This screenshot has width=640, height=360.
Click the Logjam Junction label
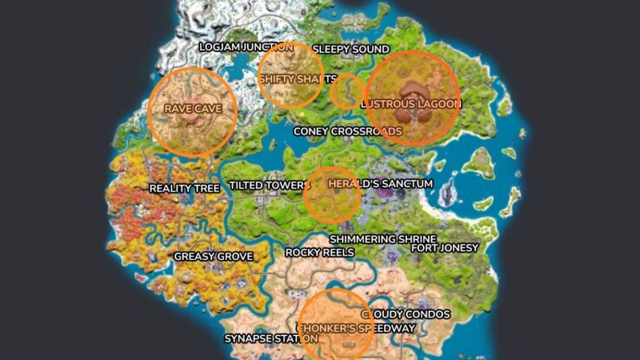pos(246,47)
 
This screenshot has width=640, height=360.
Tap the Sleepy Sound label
pos(351,49)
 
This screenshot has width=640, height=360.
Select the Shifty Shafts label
pos(298,79)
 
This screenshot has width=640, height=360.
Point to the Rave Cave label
pos(193,109)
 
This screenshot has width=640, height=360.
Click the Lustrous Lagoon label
pos(411,103)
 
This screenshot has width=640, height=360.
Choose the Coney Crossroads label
pos(348,131)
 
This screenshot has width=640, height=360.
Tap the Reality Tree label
pos(184,188)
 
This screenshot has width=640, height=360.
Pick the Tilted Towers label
pos(269,186)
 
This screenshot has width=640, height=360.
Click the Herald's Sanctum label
pos(380,184)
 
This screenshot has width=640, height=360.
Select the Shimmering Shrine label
pos(383,239)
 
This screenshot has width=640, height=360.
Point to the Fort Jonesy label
pos(444,248)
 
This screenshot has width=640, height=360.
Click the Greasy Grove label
pos(213,257)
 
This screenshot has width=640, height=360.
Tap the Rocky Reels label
pos(319,252)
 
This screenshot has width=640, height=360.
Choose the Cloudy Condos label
pos(406,314)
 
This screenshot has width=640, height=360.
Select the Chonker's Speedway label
pos(356,328)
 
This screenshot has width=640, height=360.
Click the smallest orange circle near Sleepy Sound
pos(347,92)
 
